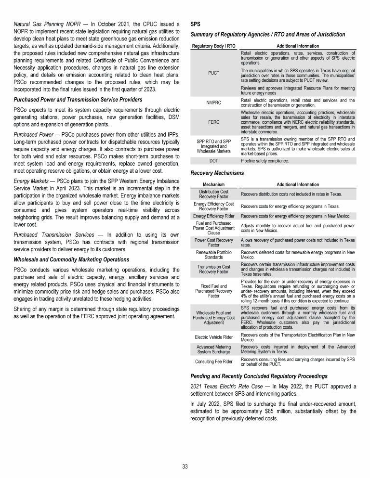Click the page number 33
pos(185,466)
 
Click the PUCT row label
pos(213,73)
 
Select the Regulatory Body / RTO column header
pos(213,46)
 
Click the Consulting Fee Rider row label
pos(213,361)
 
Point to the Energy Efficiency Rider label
pos(213,217)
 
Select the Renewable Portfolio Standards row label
pos(213,254)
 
